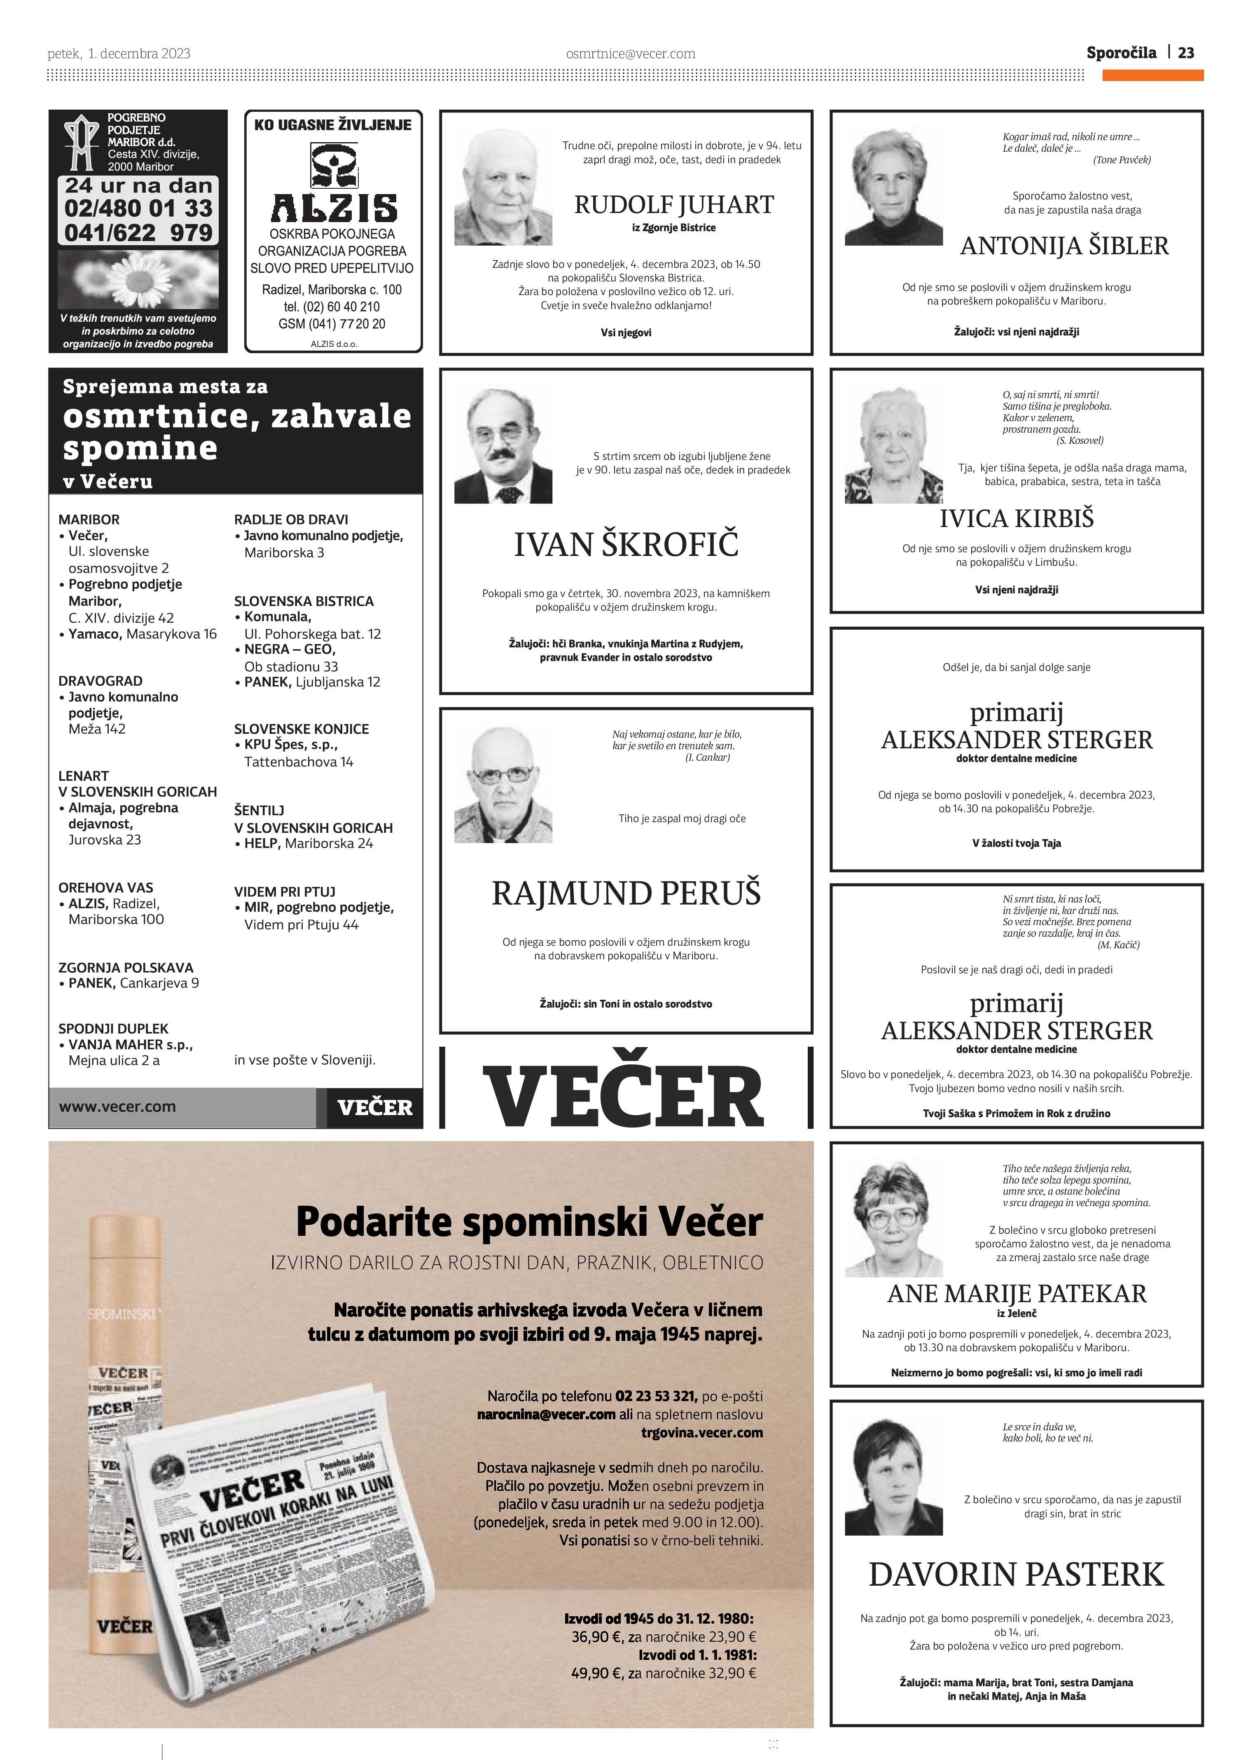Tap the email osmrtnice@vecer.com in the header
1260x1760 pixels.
click(x=630, y=54)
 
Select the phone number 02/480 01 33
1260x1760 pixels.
click(x=138, y=208)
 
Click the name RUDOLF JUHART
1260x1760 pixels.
click(x=673, y=205)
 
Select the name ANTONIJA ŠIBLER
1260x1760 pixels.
click(x=1064, y=246)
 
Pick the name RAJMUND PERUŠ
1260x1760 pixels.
click(x=626, y=893)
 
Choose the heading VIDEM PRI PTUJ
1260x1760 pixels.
click(x=285, y=892)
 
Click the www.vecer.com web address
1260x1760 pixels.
click(x=117, y=1106)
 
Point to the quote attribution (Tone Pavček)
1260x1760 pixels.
click(x=1121, y=160)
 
